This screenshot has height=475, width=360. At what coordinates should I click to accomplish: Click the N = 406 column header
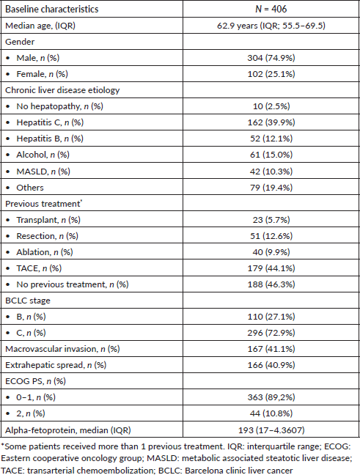[271, 9]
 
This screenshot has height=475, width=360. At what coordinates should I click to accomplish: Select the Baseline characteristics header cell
[52, 9]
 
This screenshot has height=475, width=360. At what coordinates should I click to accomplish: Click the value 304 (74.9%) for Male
[271, 58]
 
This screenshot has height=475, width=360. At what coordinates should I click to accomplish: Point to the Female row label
[42, 74]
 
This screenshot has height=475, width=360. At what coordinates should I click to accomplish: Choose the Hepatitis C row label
[50, 122]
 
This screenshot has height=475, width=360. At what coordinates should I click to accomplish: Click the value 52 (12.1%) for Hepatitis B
[271, 139]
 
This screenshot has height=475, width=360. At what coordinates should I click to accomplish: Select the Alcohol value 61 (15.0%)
[271, 155]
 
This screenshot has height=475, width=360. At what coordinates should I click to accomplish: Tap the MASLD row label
[43, 172]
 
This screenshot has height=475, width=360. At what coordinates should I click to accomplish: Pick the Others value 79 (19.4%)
[271, 188]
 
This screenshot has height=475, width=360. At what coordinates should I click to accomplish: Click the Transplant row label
[48, 220]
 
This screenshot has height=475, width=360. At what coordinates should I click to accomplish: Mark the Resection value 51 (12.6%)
[271, 236]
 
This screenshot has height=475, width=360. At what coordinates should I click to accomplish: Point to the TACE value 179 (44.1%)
[271, 268]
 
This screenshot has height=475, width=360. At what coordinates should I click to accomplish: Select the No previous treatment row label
[73, 284]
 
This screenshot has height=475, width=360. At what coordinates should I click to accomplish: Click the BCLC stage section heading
[28, 301]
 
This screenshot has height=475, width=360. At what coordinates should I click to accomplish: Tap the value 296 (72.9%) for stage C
[271, 333]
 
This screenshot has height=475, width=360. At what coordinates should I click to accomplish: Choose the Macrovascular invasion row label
[62, 349]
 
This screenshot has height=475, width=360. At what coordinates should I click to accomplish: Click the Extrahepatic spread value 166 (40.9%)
[271, 365]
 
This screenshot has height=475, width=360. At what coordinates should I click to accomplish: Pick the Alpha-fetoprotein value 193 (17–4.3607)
[271, 430]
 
